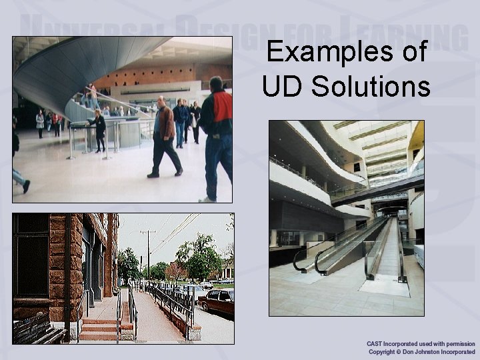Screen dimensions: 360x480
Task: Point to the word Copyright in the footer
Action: tap(381, 351)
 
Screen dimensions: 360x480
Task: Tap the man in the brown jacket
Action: tap(164, 137)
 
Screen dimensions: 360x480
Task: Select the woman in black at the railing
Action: tap(100, 131)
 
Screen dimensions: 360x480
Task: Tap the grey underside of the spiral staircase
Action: tap(73, 73)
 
